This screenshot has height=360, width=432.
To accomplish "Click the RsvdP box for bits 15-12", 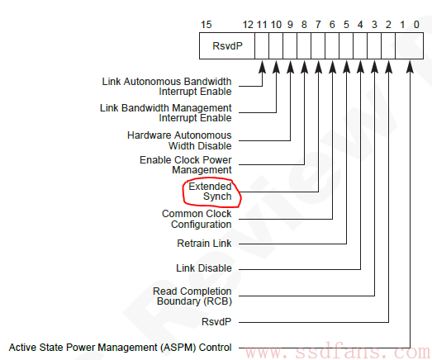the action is point(227,45).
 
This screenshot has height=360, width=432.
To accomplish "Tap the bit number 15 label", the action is point(206,25).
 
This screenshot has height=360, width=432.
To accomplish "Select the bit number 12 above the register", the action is point(248,25).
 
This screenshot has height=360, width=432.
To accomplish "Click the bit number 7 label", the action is point(318,25).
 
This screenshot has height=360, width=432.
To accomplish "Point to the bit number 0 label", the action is point(416,25).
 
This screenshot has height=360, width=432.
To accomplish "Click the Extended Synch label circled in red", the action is point(210,192).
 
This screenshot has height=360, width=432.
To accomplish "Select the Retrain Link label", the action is point(204,244).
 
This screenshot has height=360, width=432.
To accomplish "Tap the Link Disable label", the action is point(204,268).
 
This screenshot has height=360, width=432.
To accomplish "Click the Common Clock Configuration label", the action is point(197,219).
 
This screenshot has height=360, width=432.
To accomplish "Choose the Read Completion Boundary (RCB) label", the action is point(192,296).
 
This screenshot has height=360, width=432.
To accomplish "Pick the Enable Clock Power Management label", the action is point(186,165).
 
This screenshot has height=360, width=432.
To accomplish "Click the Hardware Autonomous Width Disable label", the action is point(179,140).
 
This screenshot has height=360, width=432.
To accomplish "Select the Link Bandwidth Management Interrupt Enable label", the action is point(166,112).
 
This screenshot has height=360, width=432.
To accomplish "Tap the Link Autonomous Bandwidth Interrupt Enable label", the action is point(167,87).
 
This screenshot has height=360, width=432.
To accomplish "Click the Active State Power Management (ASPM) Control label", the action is point(120,348).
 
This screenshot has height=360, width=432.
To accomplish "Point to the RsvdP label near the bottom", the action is point(216,322).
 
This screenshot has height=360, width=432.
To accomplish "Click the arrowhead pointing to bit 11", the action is point(262,67).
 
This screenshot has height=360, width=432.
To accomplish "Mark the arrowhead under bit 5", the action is point(347,67).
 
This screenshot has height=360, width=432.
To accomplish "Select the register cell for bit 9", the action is point(290,45).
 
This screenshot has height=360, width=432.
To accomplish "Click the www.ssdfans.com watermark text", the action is point(338,351).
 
